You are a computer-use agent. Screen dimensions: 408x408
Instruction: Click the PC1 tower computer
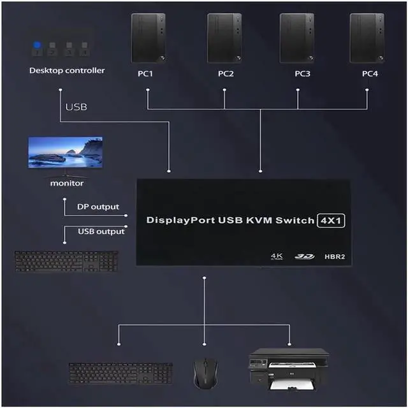pos(148,38)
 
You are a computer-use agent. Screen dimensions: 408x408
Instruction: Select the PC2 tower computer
pos(224,38)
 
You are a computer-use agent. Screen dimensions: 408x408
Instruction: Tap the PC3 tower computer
pos(297,38)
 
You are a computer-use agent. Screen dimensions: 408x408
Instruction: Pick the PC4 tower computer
pos(367,38)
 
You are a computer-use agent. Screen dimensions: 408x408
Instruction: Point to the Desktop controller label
pos(67,70)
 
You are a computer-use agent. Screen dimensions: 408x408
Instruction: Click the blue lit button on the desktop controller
pos(37,45)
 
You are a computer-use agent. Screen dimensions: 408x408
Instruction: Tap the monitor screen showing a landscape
pos(65,152)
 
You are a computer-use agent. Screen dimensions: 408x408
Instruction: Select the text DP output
pos(98,207)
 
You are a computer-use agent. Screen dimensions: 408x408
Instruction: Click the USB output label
pos(101,231)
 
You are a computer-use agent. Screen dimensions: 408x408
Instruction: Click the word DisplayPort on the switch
pos(180,221)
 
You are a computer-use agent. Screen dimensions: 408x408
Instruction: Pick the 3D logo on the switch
pos(304,256)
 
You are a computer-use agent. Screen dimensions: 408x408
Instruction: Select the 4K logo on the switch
pos(277,256)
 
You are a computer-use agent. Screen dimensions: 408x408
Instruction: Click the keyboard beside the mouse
pos(120,373)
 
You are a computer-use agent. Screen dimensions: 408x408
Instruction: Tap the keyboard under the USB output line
pos(66,261)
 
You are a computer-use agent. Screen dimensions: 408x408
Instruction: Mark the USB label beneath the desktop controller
pos(76,106)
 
